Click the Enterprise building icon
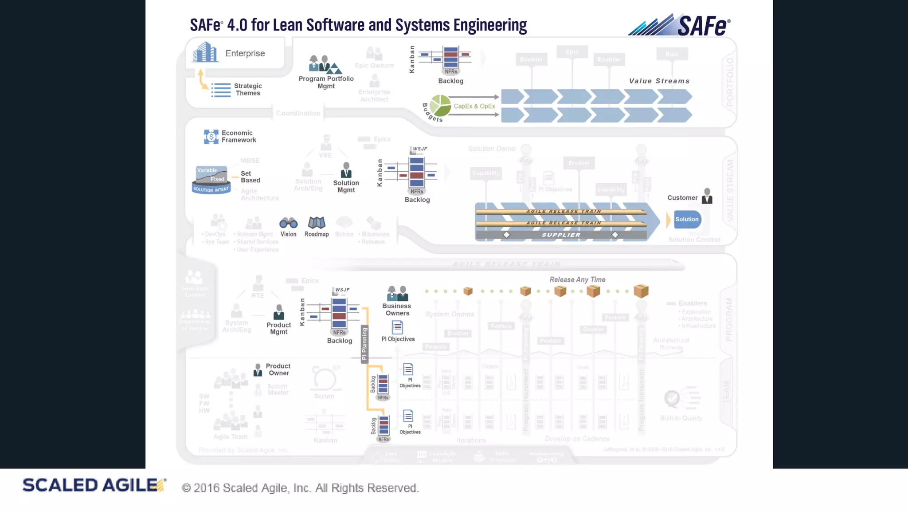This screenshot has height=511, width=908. pos(205,52)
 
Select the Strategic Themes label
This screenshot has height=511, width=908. pos(248,90)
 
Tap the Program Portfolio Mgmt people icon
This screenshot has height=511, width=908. pos(325,65)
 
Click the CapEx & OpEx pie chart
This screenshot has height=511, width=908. pos(440,106)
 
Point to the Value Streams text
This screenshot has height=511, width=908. pos(659,81)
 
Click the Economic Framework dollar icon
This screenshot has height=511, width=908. pos(211,137)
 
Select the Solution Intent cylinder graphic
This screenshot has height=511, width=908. pos(211,180)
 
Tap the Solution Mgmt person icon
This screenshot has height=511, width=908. pos(346,170)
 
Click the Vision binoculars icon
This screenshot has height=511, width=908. pos(288,223)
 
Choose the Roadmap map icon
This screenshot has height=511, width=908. pos(317,223)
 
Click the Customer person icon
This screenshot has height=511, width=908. pos(707,196)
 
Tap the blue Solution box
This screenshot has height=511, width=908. pos(687,220)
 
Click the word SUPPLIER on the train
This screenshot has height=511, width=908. pos(561,235)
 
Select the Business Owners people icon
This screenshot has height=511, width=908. pos(397,294)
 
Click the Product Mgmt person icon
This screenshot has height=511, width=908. pos(278,312)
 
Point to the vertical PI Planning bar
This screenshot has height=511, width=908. pos(364,344)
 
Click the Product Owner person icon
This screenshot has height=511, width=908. pos(258,370)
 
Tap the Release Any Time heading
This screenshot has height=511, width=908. pos(577,279)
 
